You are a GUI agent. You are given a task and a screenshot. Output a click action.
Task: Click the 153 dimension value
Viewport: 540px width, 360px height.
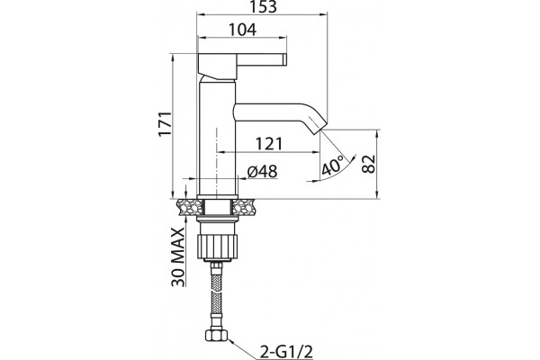262,6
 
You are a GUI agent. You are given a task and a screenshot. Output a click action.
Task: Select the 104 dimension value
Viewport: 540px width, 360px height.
243,30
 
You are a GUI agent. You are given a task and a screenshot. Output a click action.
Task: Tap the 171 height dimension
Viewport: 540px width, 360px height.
165,123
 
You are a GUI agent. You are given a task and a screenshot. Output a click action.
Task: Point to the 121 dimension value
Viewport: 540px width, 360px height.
268,144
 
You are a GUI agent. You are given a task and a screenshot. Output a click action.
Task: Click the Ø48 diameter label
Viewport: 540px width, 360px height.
263,171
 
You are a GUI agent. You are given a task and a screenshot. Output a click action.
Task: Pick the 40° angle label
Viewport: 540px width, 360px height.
332,166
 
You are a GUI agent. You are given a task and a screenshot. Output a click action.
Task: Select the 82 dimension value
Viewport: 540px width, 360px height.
368,164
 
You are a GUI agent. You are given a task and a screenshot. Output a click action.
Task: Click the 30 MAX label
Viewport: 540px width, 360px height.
178,257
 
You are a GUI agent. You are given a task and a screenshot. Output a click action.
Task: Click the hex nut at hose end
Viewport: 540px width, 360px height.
217,335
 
